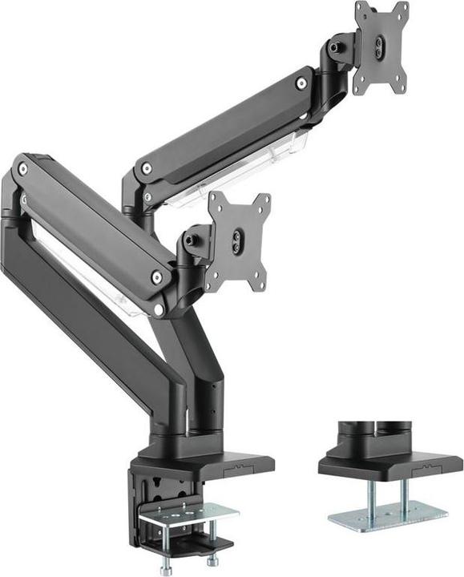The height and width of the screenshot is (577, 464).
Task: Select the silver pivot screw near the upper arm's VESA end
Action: pyautogui.click(x=301, y=83)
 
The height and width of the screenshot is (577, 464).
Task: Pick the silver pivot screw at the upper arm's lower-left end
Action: pyautogui.click(x=146, y=169)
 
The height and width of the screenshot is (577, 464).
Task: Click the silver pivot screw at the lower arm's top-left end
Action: pyautogui.click(x=22, y=169)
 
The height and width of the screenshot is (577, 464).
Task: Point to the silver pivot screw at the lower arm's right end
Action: pyautogui.click(x=157, y=277)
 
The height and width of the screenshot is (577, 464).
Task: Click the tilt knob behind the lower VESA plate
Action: pyautogui.click(x=188, y=239)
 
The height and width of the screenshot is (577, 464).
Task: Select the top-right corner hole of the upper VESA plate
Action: pyautogui.click(x=401, y=9)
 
